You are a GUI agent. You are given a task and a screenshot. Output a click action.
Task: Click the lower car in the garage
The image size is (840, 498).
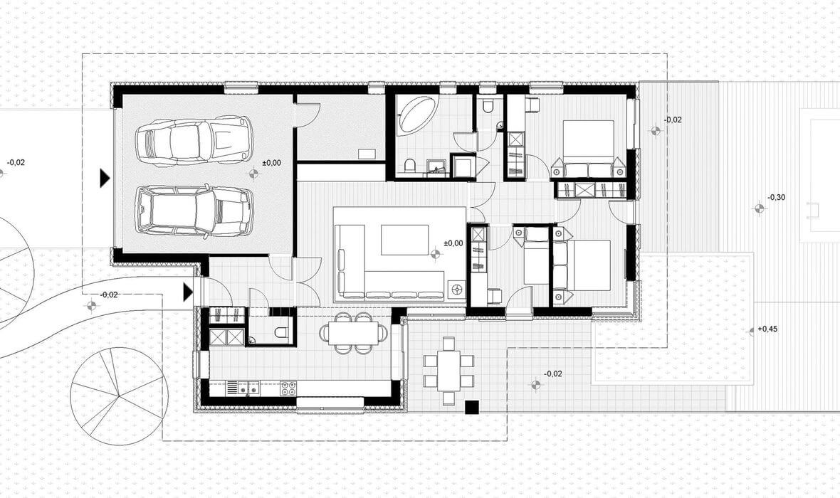click(x=194, y=211)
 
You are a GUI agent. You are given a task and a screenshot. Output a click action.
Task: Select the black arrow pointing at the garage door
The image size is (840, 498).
click(x=105, y=178)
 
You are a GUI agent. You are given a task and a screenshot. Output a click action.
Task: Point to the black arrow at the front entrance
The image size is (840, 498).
click(x=187, y=292)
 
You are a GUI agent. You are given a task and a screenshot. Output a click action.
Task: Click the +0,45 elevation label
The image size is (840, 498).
click(x=767, y=329)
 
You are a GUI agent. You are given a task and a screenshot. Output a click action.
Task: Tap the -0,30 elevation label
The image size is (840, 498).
click(x=776, y=198)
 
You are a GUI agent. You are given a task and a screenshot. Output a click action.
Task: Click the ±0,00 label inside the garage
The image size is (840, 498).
click(x=271, y=163)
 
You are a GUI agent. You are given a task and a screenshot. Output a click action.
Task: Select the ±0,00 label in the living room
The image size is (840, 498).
click(x=453, y=243)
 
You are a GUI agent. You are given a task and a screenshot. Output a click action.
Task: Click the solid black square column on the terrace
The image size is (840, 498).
click(x=471, y=407)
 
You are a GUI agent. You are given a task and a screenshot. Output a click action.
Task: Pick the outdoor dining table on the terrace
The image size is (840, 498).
click(x=448, y=371)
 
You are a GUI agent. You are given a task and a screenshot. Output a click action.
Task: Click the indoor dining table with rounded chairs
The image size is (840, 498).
click(x=353, y=333)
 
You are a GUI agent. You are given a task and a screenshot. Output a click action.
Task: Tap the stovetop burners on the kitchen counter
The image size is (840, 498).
click(x=288, y=386)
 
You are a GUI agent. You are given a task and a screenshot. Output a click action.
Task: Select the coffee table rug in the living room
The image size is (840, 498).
click(x=404, y=240)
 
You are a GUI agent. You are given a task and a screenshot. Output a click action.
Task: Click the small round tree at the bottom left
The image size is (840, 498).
click(x=119, y=396)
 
